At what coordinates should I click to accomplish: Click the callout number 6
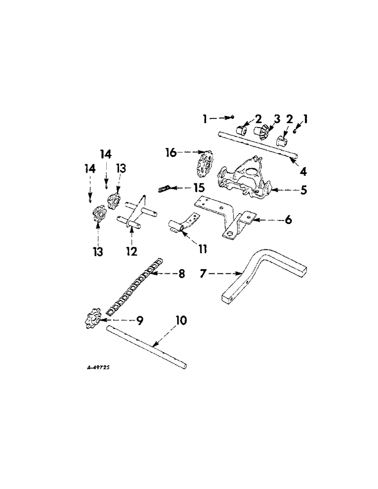coord(288,220)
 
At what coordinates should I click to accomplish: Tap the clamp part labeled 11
coord(182,226)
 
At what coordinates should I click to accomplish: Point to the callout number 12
coord(130,252)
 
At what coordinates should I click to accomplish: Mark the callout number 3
coord(277,119)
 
